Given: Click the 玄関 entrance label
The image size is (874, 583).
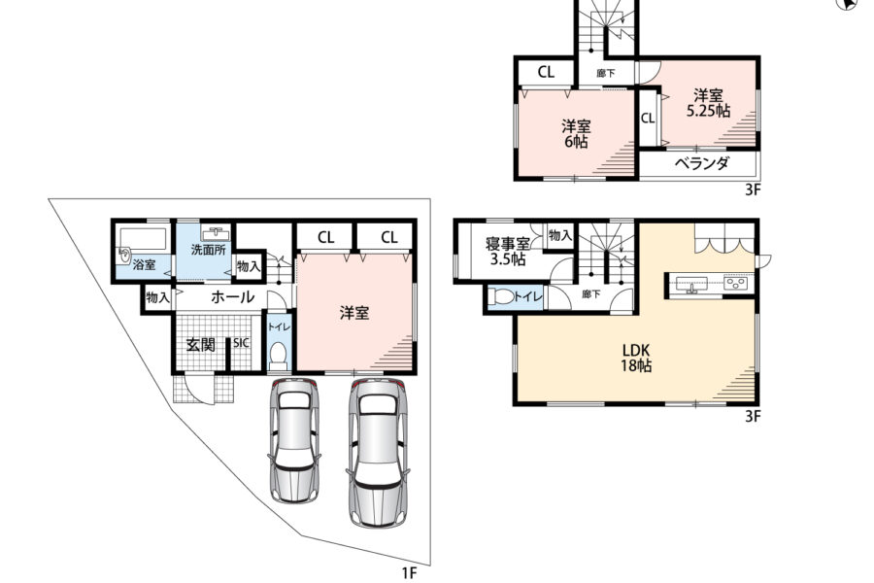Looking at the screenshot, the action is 200,344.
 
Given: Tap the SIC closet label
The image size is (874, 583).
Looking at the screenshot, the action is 241,343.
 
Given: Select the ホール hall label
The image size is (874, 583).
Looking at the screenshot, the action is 232,297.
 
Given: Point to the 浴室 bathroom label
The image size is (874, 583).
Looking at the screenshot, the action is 145,264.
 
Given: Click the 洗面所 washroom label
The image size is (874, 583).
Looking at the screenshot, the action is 209,250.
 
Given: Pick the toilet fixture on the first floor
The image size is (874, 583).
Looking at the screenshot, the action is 277,356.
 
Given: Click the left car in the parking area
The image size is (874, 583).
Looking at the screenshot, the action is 294,441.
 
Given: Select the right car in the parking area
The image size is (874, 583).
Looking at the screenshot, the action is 378,453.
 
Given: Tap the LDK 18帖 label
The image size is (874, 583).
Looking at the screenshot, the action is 636,359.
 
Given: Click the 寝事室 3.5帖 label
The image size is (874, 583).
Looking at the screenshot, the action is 507,252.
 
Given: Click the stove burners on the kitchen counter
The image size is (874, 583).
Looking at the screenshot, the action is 736,284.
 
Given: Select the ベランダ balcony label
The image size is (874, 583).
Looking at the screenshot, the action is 702,163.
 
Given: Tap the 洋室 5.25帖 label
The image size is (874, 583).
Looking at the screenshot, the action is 708,103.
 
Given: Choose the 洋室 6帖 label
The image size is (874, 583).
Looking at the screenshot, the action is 576,134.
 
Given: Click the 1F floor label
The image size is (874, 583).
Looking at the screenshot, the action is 409,572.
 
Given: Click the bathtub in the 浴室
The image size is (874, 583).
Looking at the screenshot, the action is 144,239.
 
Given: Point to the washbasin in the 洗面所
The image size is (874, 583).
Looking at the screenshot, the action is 217,233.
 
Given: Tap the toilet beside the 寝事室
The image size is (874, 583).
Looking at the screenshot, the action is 503,296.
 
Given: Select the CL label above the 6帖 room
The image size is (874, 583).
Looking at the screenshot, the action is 546,72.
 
